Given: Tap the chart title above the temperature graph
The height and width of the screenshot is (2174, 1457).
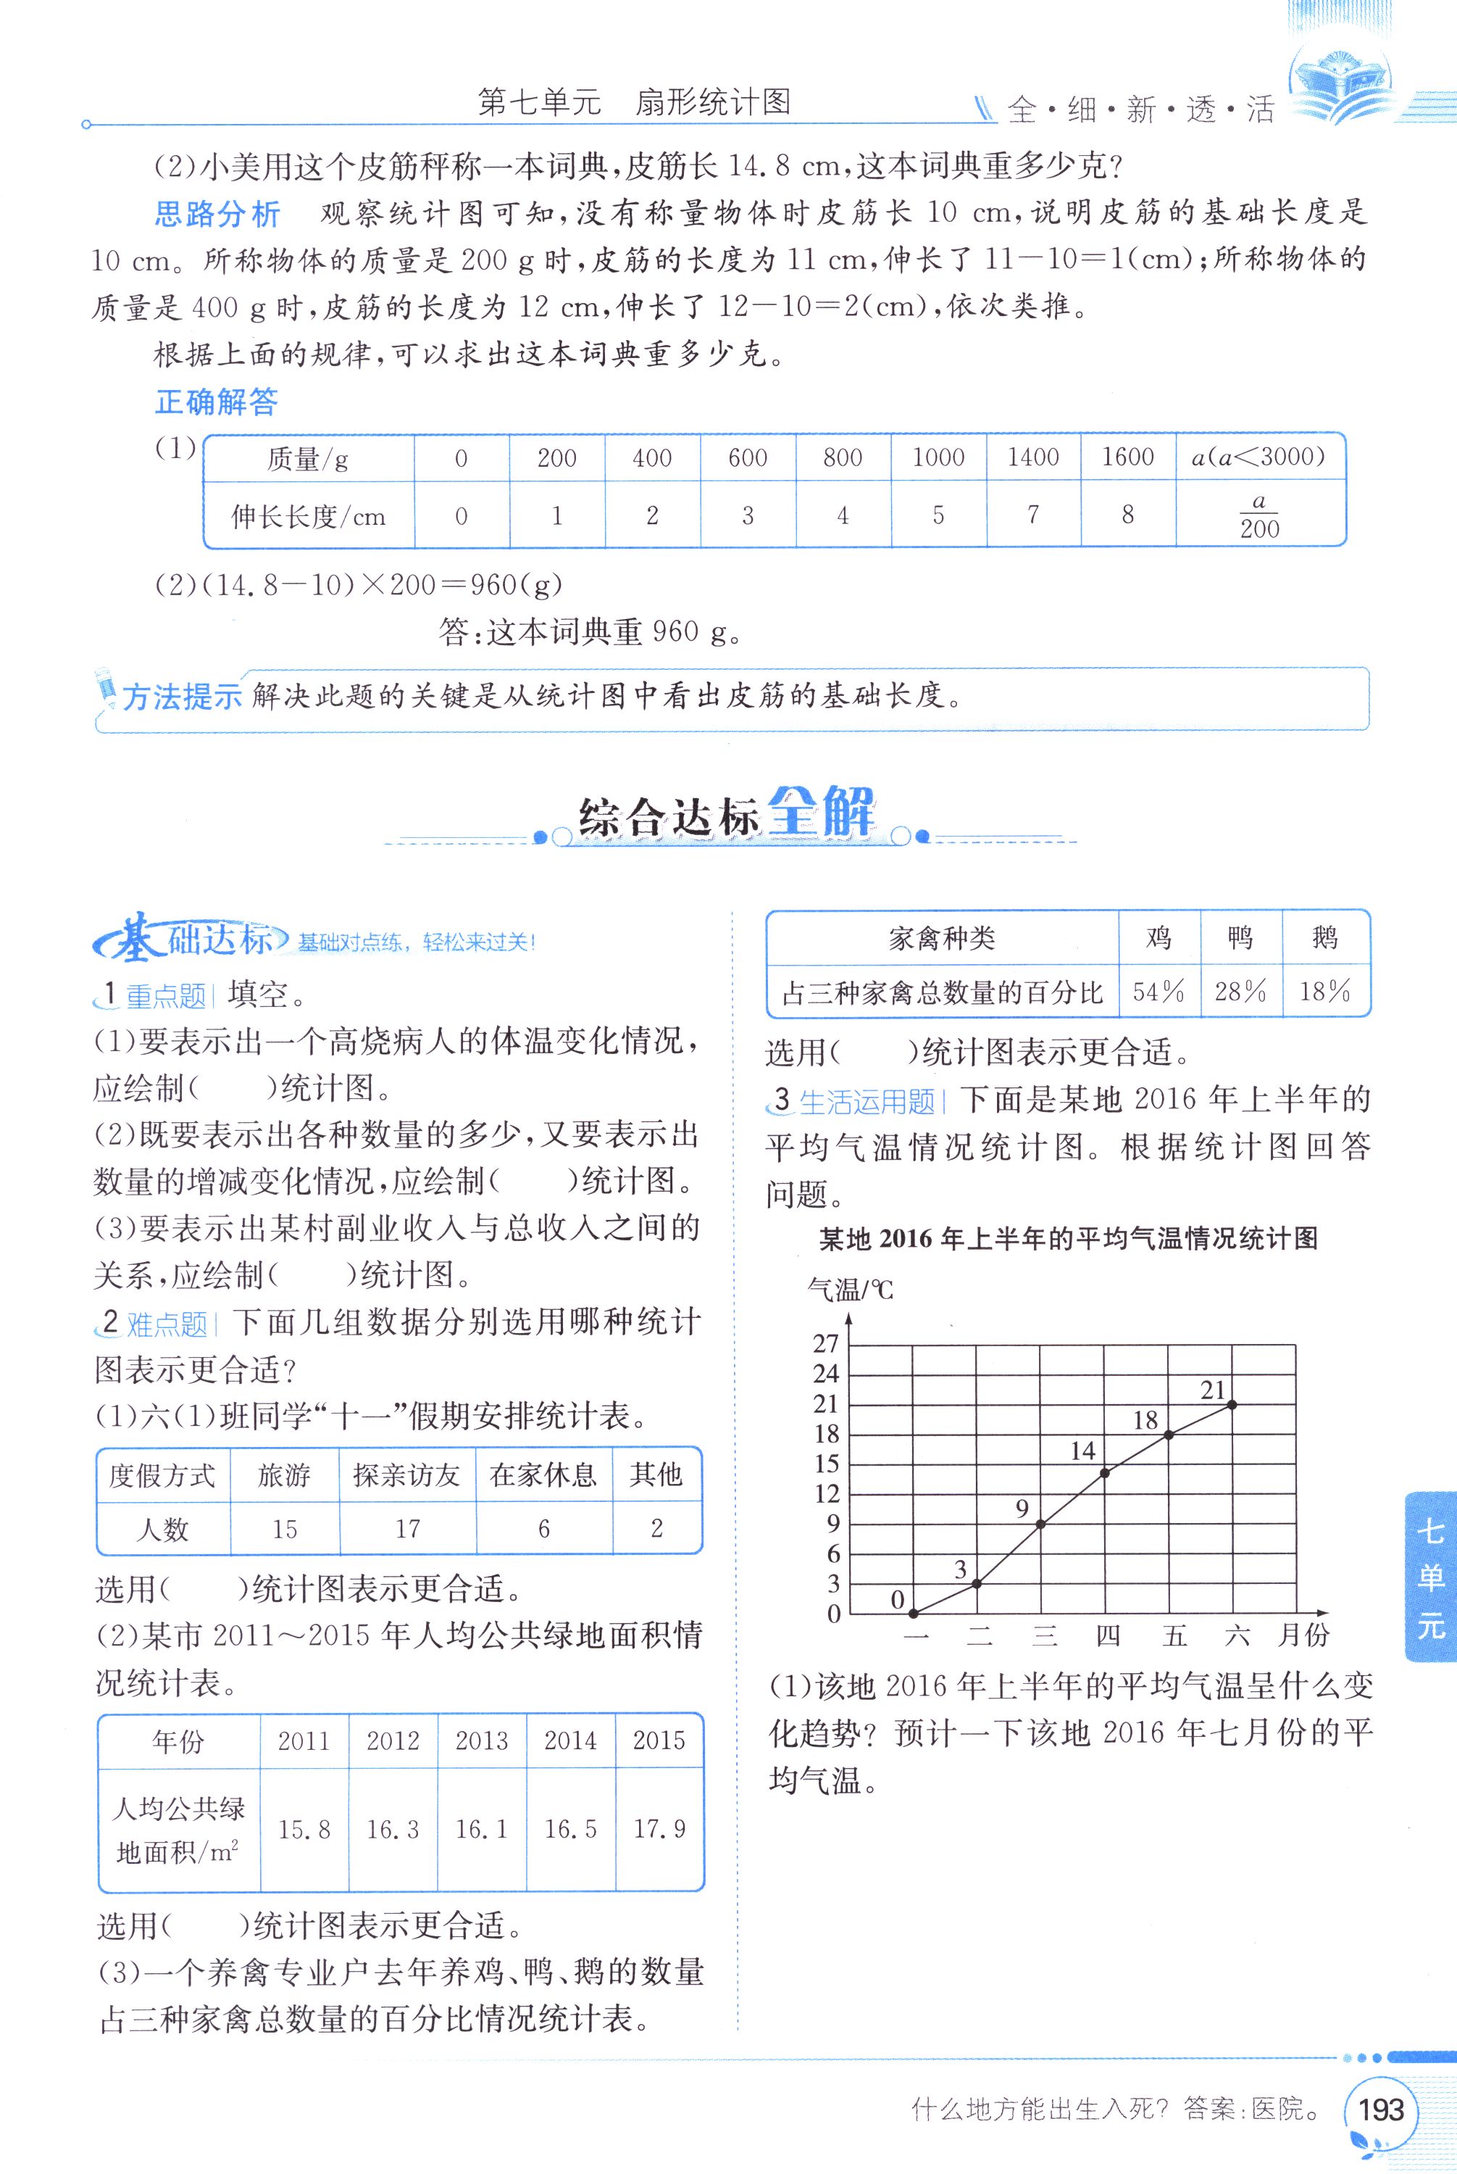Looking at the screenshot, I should [x=1069, y=1239].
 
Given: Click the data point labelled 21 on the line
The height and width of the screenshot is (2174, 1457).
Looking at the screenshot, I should [x=1233, y=1404].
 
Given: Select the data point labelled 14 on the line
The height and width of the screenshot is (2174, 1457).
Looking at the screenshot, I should [x=1105, y=1472].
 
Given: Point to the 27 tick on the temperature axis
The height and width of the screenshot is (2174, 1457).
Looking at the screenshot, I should [x=826, y=1343].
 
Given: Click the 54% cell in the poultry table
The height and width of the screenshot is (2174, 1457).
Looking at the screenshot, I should [x=1158, y=991].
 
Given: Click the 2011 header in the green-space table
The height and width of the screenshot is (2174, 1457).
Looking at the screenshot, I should [x=304, y=1741].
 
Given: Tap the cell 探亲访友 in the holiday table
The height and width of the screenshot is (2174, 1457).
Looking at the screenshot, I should [x=407, y=1475].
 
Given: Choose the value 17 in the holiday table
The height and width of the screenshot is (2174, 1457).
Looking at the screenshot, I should [x=408, y=1529].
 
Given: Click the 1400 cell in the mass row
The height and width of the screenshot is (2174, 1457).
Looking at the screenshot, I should [x=1033, y=457].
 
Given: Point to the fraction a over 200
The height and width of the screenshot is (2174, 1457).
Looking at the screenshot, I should [x=1259, y=516].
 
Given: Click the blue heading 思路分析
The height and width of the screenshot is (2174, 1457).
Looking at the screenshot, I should [x=217, y=215].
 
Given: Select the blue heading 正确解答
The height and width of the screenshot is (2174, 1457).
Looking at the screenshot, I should [x=217, y=402].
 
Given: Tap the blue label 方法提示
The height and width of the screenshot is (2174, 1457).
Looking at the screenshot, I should [x=181, y=696].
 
